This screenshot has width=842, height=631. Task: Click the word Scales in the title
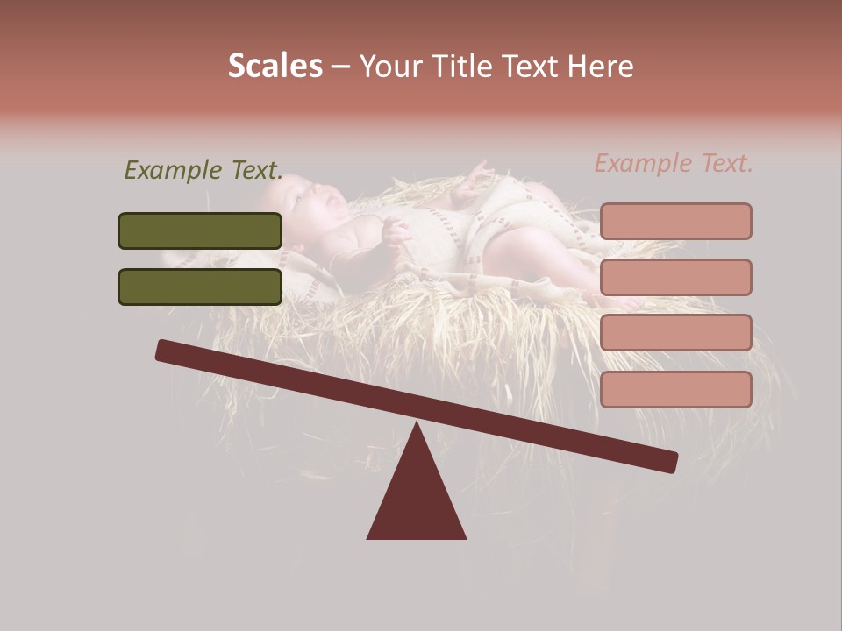(275, 67)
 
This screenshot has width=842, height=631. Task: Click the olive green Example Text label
(203, 170)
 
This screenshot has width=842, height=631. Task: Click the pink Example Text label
(674, 163)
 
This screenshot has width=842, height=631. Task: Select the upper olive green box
(200, 231)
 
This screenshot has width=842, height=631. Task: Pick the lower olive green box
(200, 287)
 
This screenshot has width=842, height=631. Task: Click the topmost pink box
(675, 222)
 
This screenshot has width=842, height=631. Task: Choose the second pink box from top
(675, 277)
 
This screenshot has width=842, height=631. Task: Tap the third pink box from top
(675, 332)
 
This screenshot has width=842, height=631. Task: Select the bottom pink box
(675, 389)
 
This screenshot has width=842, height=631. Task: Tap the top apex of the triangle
(417, 424)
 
